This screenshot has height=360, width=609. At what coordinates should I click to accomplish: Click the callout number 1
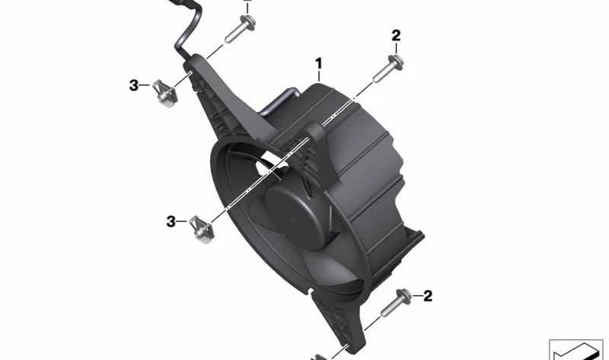[319, 63]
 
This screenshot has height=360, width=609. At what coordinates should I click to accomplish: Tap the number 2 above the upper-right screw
[396, 36]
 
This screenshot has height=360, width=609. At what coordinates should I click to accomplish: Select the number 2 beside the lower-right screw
[428, 296]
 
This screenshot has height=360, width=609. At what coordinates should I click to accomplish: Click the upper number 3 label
[134, 85]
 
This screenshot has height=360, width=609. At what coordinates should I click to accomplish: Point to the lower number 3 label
[171, 221]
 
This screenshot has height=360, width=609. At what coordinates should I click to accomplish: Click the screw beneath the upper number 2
[388, 68]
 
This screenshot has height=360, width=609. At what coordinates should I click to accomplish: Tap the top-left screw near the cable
[240, 28]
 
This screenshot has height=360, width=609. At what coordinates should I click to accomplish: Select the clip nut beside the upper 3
[164, 93]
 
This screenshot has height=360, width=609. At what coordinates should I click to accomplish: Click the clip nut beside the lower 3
[202, 229]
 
